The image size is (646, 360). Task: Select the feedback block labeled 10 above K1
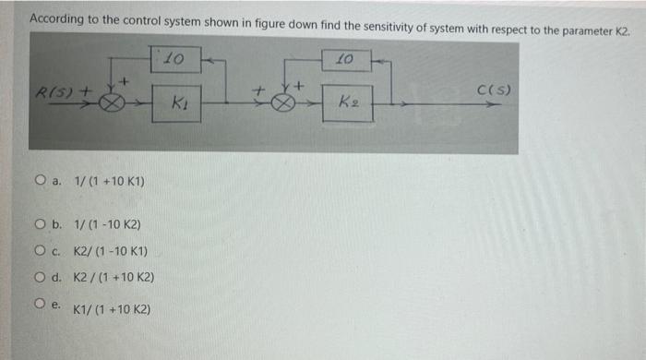(x=175, y=60)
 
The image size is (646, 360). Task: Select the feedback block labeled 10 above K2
(x=344, y=60)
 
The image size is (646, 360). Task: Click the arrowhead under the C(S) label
(x=499, y=105)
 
